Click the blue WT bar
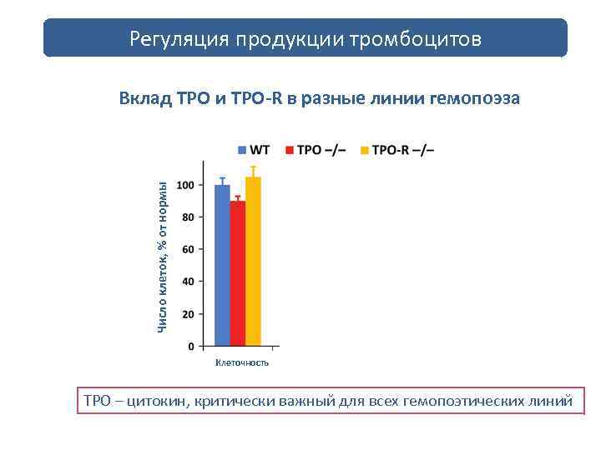[222, 265]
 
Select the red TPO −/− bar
[238, 273]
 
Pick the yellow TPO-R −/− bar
[253, 261]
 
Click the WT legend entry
[254, 150]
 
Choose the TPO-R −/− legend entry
[396, 150]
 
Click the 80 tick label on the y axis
[189, 217]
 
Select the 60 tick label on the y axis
[189, 249]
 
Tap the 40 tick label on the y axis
[189, 282]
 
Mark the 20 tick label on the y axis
[189, 314]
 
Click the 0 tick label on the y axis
[191, 346]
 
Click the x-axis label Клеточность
[242, 362]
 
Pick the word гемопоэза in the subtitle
[473, 98]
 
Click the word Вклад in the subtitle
[146, 98]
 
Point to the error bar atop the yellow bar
[253, 171]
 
